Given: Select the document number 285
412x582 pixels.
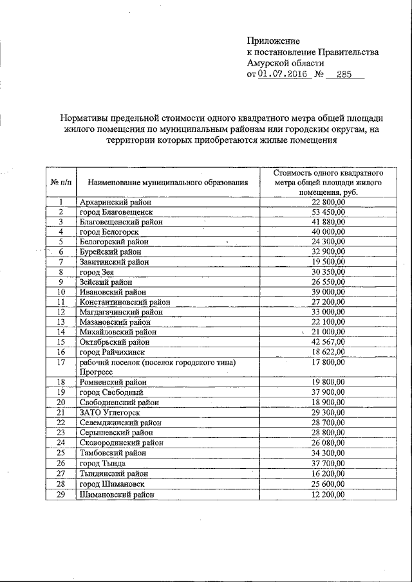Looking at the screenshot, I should (x=345, y=75).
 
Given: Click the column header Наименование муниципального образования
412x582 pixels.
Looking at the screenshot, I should (x=168, y=183).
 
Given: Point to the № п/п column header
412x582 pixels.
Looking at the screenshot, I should (x=61, y=183).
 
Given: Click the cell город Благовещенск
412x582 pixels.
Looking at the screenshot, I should (x=115, y=212).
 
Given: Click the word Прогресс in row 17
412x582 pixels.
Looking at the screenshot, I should (x=97, y=372).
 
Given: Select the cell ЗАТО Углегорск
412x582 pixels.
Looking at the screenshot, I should (x=109, y=412).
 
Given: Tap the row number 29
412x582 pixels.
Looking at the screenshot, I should (x=61, y=495).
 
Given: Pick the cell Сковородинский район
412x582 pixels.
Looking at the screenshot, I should (x=120, y=442).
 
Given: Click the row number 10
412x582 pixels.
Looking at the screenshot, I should (x=61, y=292).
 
